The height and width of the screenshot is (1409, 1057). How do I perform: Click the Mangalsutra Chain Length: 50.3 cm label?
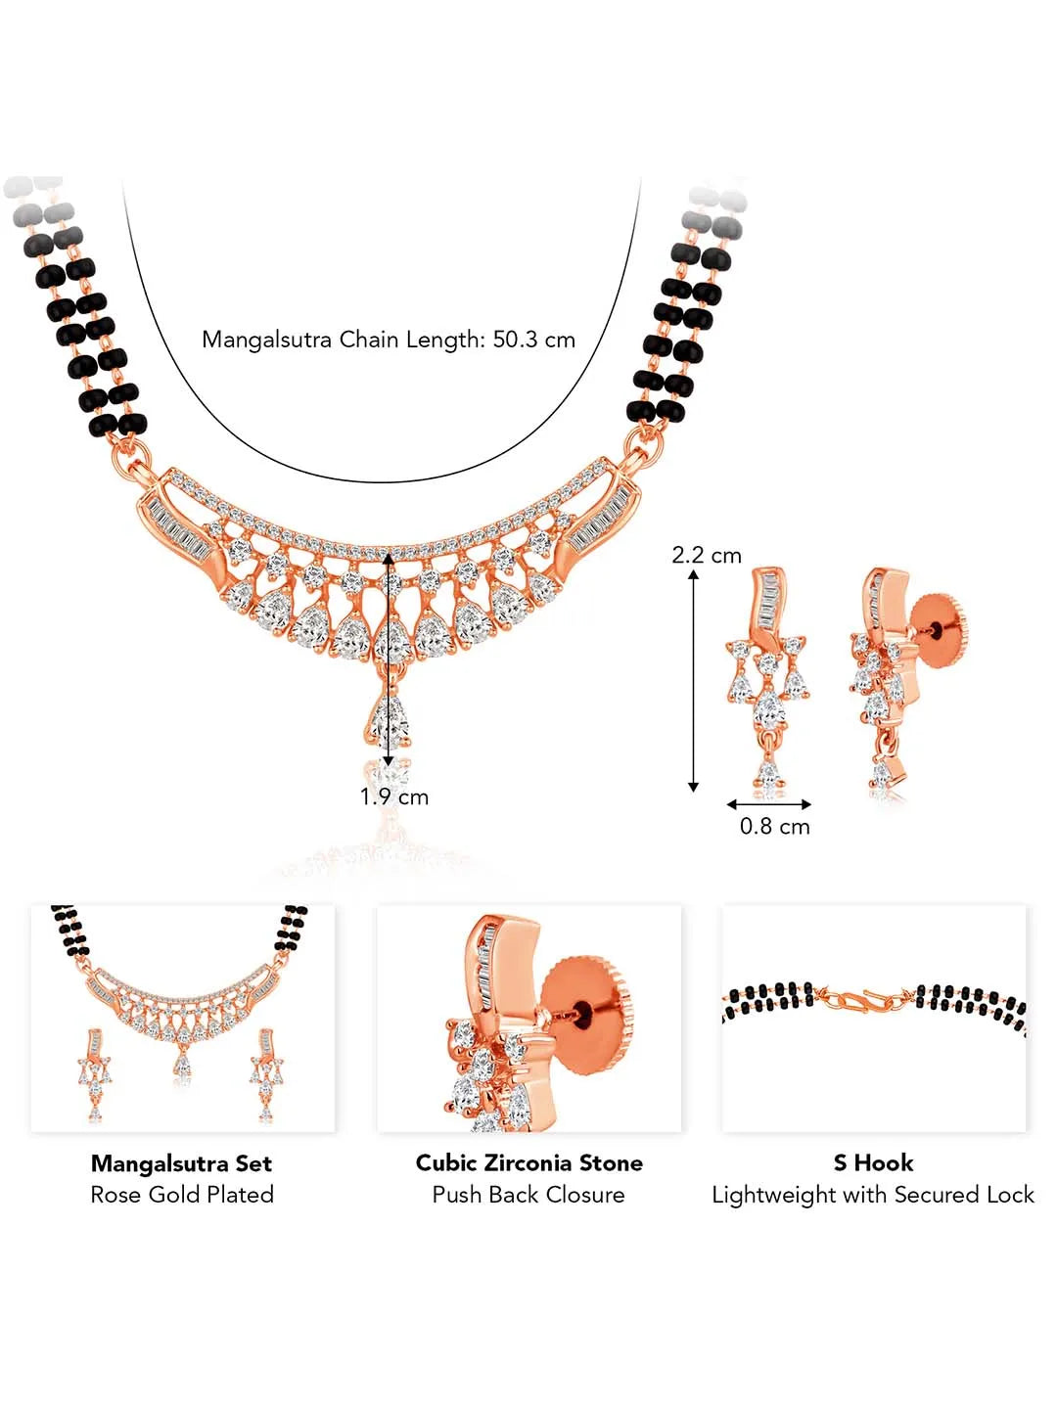pos(389,340)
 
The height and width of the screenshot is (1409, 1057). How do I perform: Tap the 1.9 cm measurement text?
pos(393,796)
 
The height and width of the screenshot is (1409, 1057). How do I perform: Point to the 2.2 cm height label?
pos(706,555)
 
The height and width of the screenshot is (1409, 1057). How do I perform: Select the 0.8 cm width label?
pos(774,826)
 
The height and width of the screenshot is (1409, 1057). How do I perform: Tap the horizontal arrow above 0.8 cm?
pos(768,804)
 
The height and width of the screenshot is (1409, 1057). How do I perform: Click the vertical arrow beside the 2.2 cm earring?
pos(694,679)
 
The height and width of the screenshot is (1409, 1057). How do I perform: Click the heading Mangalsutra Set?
pos(181,1163)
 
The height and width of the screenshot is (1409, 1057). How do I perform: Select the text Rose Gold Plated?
pos(181,1195)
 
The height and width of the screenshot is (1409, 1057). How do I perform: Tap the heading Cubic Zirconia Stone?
pos(528,1163)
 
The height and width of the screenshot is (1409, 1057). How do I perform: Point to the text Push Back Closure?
pos(528,1195)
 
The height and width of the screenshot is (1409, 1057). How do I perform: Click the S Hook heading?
pos(873,1163)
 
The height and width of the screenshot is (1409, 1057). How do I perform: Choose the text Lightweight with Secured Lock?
pos(873,1195)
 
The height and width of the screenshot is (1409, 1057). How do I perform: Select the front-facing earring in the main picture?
pos(768,675)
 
